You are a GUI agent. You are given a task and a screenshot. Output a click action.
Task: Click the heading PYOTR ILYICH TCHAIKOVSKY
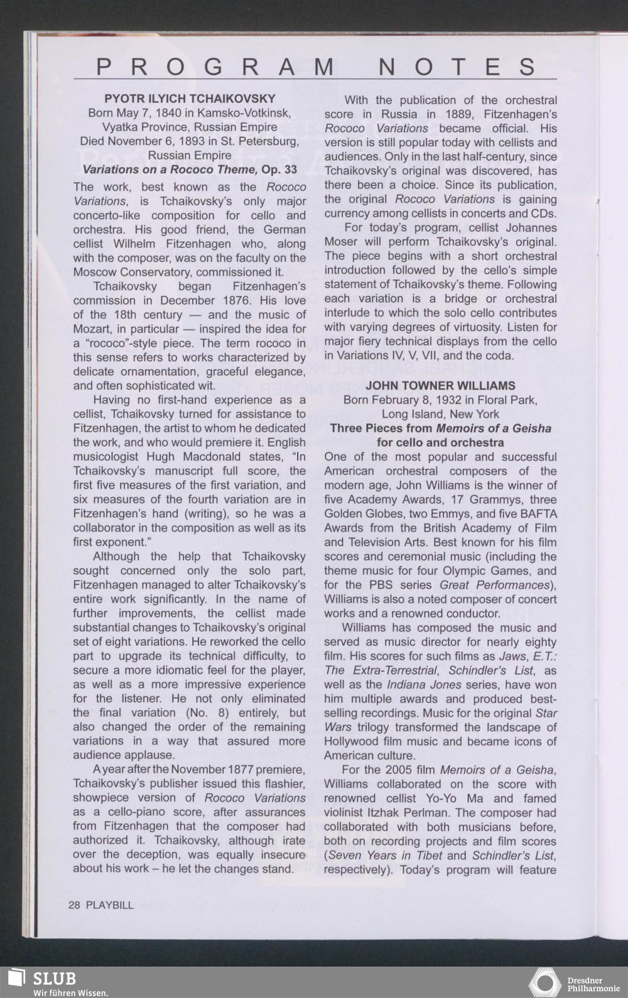point(190,99)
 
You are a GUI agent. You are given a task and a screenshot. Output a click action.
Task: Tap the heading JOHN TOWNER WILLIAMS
point(440,385)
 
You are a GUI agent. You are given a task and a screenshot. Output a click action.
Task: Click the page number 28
point(74,904)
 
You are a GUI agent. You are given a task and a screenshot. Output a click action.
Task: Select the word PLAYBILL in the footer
point(110,904)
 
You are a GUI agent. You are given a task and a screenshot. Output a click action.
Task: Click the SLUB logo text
point(55,979)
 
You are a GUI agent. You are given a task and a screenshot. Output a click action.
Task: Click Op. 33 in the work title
point(279,169)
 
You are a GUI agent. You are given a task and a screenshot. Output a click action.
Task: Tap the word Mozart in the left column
point(91,329)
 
